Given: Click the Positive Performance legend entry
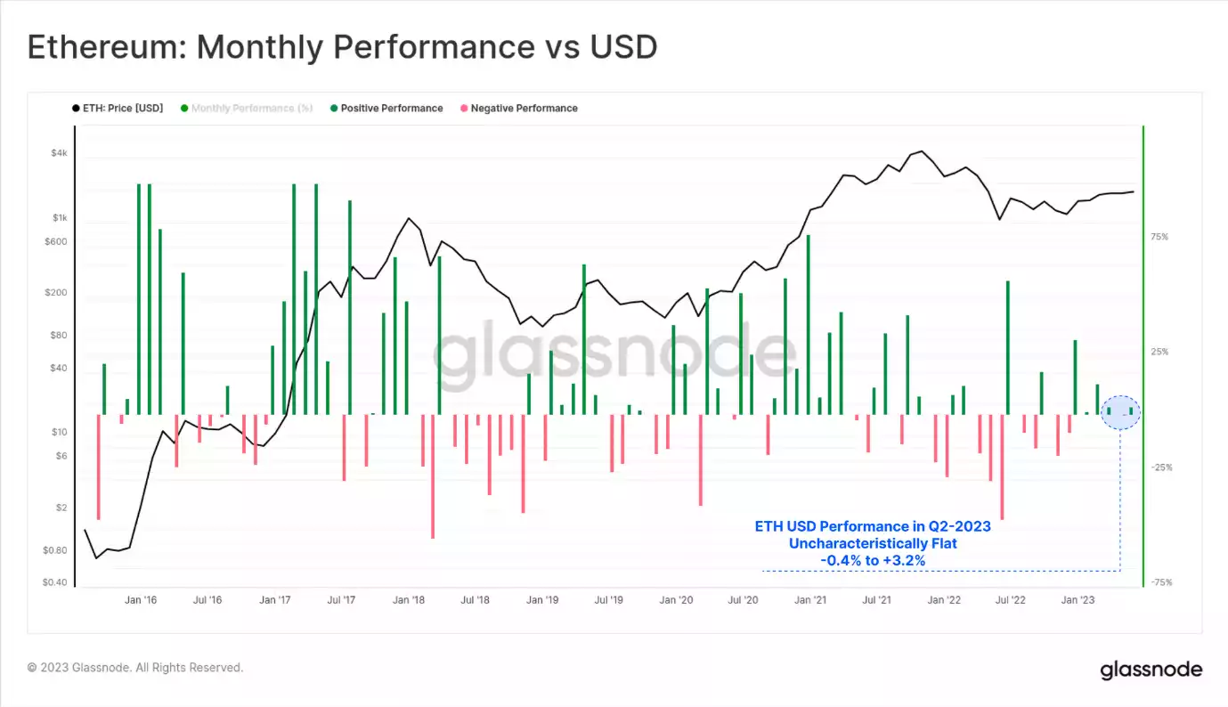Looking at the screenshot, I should tap(391, 109).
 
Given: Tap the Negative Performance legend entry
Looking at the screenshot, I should tap(524, 109).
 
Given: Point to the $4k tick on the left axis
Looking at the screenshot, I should tap(58, 153).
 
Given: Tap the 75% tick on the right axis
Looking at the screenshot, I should tap(1159, 237).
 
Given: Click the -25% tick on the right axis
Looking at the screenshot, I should tap(1159, 467).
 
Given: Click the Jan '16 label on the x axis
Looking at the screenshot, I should tap(141, 600).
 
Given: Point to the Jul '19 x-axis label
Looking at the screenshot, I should tap(608, 600).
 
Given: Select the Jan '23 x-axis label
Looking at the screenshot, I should tap(1078, 600).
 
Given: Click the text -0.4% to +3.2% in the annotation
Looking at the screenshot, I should tap(873, 560).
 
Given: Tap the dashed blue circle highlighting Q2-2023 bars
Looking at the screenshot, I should tap(1120, 412).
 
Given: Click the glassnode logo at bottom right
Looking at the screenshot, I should tap(1151, 670).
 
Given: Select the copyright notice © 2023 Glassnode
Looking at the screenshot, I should tap(135, 668).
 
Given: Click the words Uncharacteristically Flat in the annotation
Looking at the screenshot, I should tap(873, 543).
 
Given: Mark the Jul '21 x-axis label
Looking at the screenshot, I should tap(876, 600).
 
